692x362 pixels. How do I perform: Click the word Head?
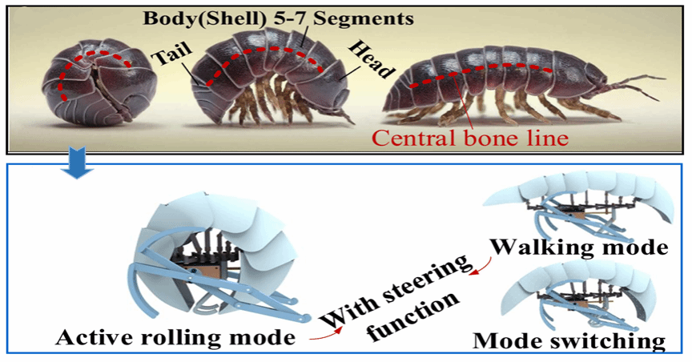(370, 58)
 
